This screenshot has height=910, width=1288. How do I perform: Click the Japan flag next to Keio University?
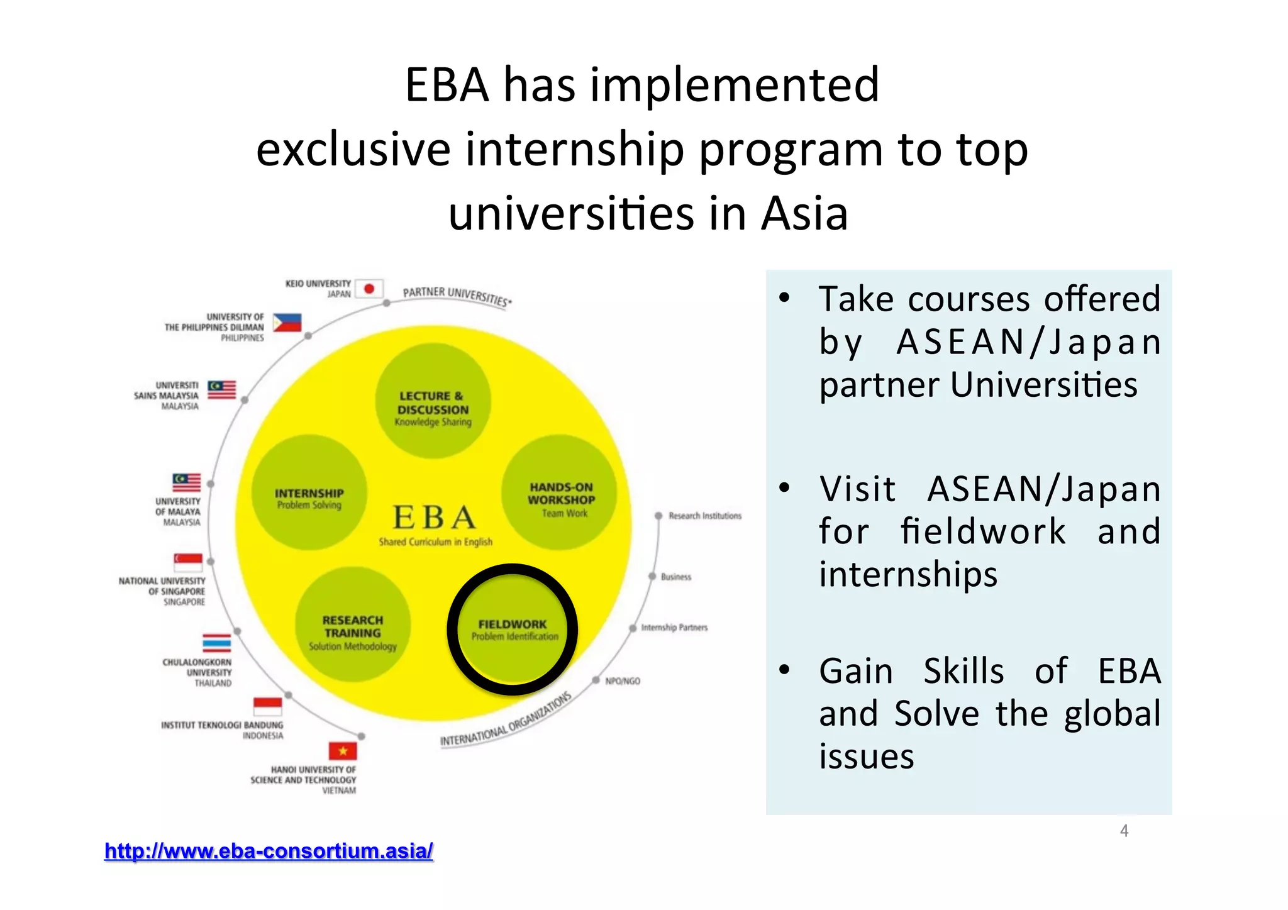tap(369, 289)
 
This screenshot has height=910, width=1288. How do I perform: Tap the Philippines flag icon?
tap(287, 323)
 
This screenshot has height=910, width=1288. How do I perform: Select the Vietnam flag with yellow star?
tap(343, 751)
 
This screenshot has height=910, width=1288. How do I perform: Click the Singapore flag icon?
tap(188, 562)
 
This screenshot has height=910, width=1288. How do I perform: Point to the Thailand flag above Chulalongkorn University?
tap(216, 643)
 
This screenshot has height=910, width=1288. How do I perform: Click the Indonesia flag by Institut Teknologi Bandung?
tap(267, 706)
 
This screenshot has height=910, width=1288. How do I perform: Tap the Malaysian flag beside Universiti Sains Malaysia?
tap(222, 390)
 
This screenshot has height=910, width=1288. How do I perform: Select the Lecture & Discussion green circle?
tap(433, 401)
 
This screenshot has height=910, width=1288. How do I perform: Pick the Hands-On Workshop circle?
tap(559, 492)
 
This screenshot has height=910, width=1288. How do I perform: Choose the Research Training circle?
tap(353, 624)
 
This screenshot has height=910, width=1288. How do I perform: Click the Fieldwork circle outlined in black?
tap(513, 630)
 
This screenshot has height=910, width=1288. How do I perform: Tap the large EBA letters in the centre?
tap(433, 518)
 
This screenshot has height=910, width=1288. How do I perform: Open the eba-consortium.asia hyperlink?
tap(269, 851)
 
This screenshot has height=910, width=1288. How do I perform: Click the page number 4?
tap(1124, 831)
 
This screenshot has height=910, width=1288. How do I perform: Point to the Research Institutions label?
tap(704, 516)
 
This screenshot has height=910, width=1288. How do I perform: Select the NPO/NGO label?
tap(622, 681)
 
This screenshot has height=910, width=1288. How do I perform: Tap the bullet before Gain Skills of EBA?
tap(784, 670)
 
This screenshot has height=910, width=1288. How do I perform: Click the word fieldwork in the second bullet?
tap(982, 531)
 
